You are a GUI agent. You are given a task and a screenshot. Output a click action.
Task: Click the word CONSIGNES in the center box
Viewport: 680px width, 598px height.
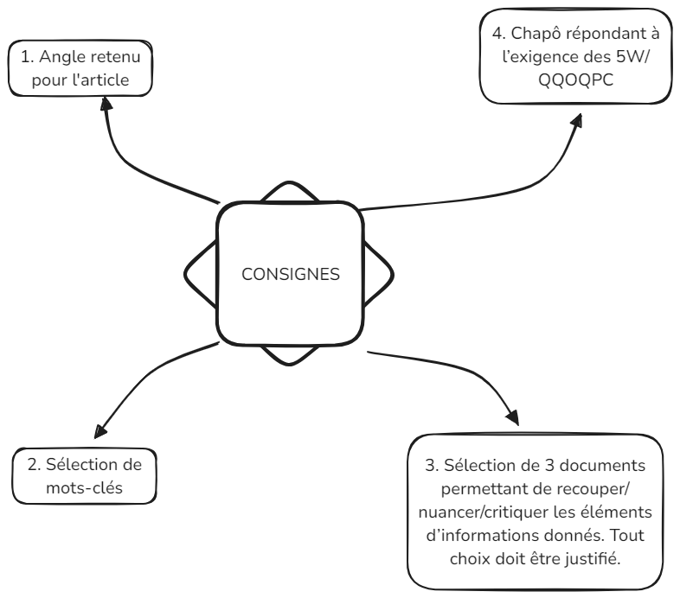point(290,275)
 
